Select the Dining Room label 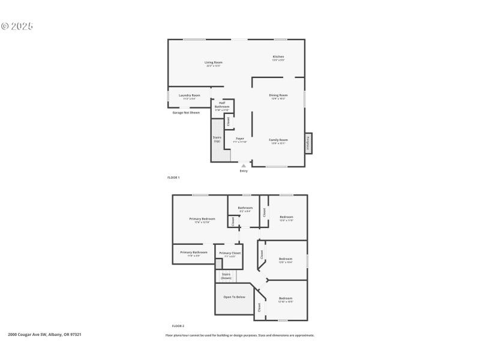[x=278, y=96]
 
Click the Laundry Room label [x=190, y=96]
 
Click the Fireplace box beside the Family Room [x=308, y=143]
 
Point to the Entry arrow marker [x=244, y=165]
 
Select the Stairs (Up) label [x=217, y=139]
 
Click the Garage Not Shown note [x=186, y=112]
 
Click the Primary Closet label [x=230, y=254]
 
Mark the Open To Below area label [x=234, y=297]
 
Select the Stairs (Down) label [x=226, y=276]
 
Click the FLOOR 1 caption [x=173, y=178]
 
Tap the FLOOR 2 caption [x=178, y=326]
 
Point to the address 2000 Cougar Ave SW [x=44, y=334]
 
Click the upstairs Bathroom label [x=245, y=209]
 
